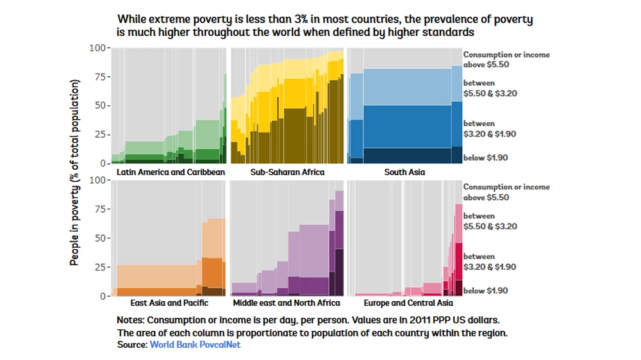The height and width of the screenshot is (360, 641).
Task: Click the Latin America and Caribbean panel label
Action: pyautogui.click(x=171, y=172)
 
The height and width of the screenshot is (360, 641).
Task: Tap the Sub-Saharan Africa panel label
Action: pyautogui.click(x=287, y=172)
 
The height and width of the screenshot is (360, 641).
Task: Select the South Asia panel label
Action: pyautogui.click(x=404, y=172)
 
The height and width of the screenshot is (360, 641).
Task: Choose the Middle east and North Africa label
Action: pyautogui.click(x=287, y=302)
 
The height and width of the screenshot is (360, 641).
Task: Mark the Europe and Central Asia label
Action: pyautogui.click(x=408, y=302)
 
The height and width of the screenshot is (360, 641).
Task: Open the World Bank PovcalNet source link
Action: pyautogui.click(x=195, y=345)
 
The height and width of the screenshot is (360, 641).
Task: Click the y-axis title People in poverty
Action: pyautogui.click(x=75, y=172)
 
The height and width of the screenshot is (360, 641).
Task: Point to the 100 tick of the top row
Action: pyautogui.click(x=98, y=48)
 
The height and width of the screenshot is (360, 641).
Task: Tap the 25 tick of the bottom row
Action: pyautogui.click(x=101, y=267)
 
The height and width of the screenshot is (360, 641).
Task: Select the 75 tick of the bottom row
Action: pyautogui.click(x=101, y=209)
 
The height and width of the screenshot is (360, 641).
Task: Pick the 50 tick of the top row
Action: pyautogui.click(x=101, y=106)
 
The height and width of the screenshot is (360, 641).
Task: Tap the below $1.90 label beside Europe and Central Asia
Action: pyautogui.click(x=485, y=291)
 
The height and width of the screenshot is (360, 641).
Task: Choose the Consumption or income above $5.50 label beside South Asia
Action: pyautogui.click(x=506, y=60)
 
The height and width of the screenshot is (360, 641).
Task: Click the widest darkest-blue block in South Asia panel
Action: pyautogui.click(x=407, y=156)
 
